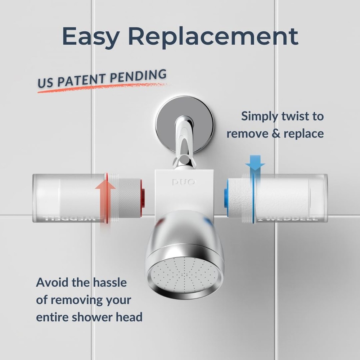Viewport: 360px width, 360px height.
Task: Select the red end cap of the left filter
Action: (143, 198)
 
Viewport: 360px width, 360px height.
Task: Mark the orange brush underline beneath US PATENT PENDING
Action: (101, 88)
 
